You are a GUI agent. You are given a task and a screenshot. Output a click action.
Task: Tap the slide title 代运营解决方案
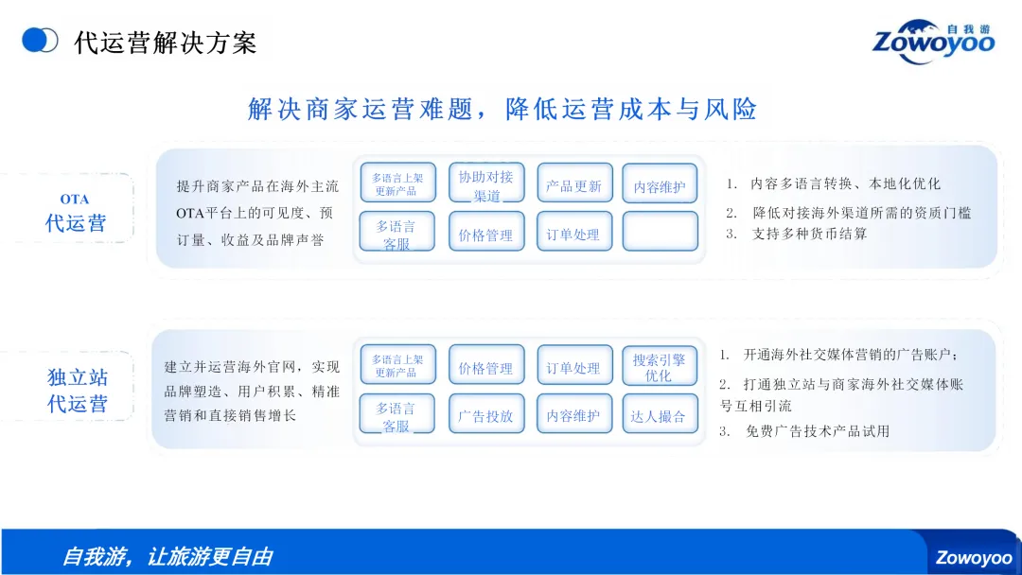coord(165,43)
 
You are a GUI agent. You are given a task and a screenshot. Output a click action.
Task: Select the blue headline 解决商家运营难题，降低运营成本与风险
coord(502,109)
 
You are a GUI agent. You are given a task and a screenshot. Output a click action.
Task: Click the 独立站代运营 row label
coord(78,391)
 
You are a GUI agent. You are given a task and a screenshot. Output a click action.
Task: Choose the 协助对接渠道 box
coord(486,185)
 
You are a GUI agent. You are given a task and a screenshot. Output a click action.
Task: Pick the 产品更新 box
coord(573,186)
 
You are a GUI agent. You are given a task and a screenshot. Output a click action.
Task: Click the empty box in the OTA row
coord(660,231)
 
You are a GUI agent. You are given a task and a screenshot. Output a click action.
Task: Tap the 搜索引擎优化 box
coord(659,368)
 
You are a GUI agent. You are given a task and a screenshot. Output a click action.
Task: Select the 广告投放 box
coord(486,415)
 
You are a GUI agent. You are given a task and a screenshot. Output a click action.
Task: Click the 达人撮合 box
coord(659,415)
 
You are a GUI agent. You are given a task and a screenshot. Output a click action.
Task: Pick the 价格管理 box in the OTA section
coord(486,235)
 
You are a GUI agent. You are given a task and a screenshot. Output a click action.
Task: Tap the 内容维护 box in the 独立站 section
coord(573,415)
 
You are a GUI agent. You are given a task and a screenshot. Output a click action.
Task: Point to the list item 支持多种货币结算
coord(809,234)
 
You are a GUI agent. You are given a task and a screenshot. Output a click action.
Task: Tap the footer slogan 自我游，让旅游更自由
coord(167,556)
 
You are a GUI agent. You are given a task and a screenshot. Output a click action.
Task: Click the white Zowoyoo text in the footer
coord(974,558)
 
